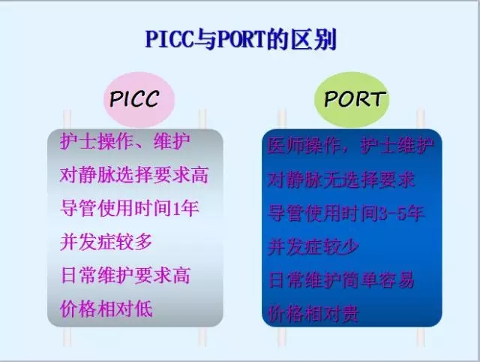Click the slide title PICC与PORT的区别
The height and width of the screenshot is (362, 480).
click(x=239, y=38)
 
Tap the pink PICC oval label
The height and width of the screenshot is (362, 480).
click(x=134, y=99)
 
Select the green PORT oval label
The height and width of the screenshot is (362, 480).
click(x=355, y=99)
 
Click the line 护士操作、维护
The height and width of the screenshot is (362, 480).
click(x=125, y=140)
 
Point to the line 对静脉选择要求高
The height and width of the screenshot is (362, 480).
click(x=134, y=175)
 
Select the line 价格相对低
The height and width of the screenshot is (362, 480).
click(x=106, y=309)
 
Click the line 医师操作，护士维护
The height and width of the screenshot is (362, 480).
click(x=350, y=146)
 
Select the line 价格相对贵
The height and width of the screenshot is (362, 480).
click(x=313, y=314)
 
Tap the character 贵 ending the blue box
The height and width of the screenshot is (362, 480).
click(x=349, y=314)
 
